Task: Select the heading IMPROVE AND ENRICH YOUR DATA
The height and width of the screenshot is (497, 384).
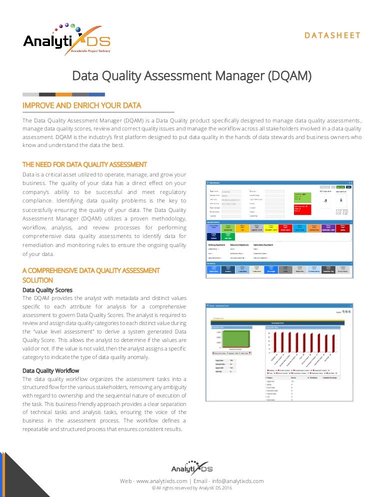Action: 82,105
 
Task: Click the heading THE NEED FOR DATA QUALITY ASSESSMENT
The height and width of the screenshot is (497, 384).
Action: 85,164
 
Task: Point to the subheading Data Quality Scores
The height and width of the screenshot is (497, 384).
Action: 47,289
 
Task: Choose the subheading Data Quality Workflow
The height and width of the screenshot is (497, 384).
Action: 51,370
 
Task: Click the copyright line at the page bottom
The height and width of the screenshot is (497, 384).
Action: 192,488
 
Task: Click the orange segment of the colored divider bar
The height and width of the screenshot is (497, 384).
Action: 63,94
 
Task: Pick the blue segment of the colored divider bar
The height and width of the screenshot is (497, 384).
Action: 96,94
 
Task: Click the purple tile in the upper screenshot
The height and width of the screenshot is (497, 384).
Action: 328,228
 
